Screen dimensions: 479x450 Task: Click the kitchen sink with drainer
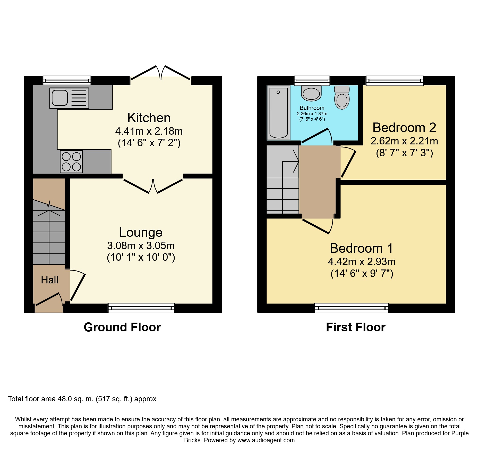pyautogui.click(x=69, y=98)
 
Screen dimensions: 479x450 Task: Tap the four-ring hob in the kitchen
pyautogui.click(x=71, y=162)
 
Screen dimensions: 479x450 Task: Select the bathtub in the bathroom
pyautogui.click(x=278, y=113)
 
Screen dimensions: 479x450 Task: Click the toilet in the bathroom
pyautogui.click(x=342, y=97)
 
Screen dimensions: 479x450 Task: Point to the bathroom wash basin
pyautogui.click(x=311, y=93)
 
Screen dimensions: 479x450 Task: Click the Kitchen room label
pyautogui.click(x=149, y=118)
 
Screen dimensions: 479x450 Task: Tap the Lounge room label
pyautogui.click(x=141, y=232)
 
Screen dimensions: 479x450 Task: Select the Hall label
pyautogui.click(x=50, y=280)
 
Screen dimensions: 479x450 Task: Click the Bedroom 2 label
pyautogui.click(x=404, y=127)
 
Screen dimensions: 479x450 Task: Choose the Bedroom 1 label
pyautogui.click(x=362, y=248)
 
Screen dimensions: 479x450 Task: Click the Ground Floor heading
pyautogui.click(x=122, y=327)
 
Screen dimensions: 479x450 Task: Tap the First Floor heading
pyautogui.click(x=356, y=327)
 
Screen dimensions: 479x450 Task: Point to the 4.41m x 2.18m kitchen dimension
pyautogui.click(x=149, y=131)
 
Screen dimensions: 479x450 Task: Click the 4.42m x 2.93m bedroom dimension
pyautogui.click(x=362, y=262)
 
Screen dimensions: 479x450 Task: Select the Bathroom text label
pyautogui.click(x=312, y=108)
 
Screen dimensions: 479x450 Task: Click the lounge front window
pyautogui.click(x=141, y=308)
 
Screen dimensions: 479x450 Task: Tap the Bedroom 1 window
pyautogui.click(x=352, y=308)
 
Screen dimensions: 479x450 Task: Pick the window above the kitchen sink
pyautogui.click(x=67, y=80)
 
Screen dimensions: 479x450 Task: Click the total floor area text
pyautogui.click(x=82, y=399)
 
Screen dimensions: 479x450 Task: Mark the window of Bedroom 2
pyautogui.click(x=395, y=80)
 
